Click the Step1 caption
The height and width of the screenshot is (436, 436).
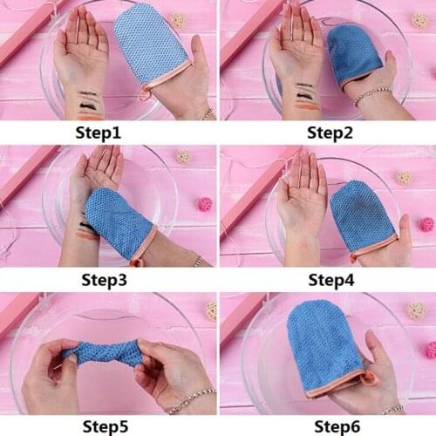108,133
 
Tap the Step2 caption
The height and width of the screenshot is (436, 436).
327,133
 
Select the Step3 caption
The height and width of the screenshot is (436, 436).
108,279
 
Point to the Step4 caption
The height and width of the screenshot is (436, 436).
327,279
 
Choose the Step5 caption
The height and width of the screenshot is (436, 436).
108,426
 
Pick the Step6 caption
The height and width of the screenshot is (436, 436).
327,426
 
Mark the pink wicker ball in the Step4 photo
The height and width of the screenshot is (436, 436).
426,224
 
